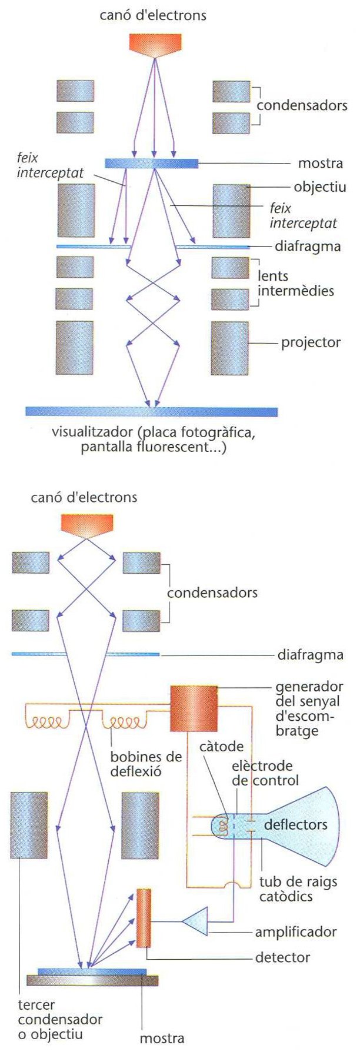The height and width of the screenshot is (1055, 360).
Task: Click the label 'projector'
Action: pyautogui.click(x=311, y=342)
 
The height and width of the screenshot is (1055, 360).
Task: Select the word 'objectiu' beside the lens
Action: pyautogui.click(x=320, y=187)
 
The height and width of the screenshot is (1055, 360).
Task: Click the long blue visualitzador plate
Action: pyautogui.click(x=151, y=412)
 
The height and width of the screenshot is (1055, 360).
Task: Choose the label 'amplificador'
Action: pyautogui.click(x=295, y=932)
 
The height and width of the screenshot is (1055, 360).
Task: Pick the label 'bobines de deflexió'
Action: pyautogui.click(x=146, y=764)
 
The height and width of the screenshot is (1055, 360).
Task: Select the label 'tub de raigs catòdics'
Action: pyautogui.click(x=294, y=888)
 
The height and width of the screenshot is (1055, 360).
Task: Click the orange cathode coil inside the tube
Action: pyautogui.click(x=223, y=826)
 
